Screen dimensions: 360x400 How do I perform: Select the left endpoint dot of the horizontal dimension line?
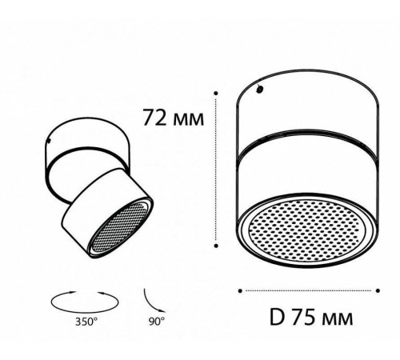click(242, 289)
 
